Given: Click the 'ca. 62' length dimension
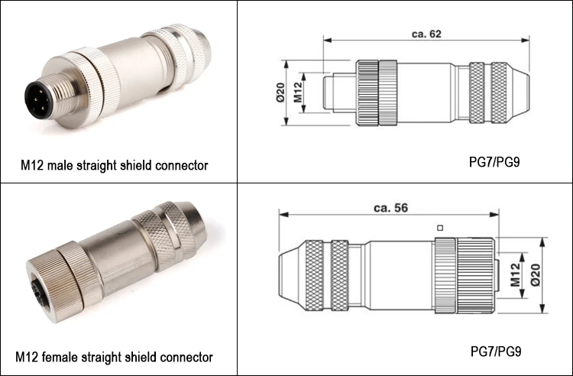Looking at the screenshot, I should click(x=426, y=34).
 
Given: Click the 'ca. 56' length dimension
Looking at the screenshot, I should click(x=390, y=208).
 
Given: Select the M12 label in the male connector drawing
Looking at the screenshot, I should click(x=300, y=93).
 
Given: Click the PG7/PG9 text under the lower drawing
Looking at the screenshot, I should click(x=494, y=352).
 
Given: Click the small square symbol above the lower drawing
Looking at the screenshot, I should click(x=439, y=228).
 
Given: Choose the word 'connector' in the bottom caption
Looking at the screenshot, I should click(x=186, y=357).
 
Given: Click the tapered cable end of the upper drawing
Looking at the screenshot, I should click(x=520, y=93).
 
